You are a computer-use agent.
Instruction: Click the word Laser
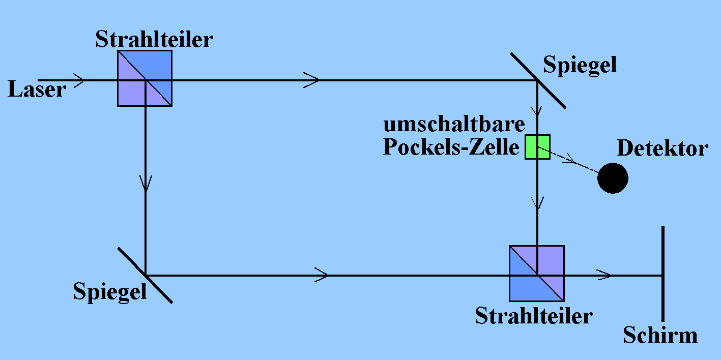(x=37, y=90)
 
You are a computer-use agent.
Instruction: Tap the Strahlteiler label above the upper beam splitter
(x=154, y=40)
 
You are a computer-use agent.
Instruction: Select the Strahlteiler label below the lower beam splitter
(x=534, y=316)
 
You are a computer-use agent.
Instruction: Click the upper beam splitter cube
(x=145, y=78)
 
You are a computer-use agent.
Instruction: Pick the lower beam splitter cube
(x=537, y=273)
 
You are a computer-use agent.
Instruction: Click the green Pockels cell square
(x=537, y=146)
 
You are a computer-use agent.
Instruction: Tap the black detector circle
(x=613, y=178)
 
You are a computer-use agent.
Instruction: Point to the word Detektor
(x=662, y=148)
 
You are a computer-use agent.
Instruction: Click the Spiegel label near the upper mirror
(x=580, y=65)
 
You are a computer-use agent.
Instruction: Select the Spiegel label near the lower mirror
(x=110, y=292)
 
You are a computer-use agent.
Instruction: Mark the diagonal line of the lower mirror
(x=145, y=275)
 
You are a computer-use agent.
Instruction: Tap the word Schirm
(x=660, y=335)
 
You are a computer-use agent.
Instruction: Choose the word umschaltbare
(x=454, y=125)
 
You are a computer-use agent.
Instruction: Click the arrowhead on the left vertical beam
(x=146, y=183)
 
